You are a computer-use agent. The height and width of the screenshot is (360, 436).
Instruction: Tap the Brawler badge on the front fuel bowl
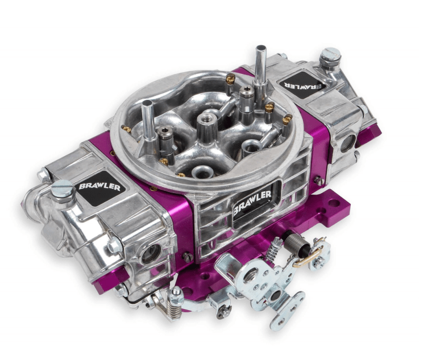[99, 186]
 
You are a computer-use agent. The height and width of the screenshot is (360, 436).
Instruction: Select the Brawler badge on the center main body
[252, 203]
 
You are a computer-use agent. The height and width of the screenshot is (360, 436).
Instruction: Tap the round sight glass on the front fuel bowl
[151, 254]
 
